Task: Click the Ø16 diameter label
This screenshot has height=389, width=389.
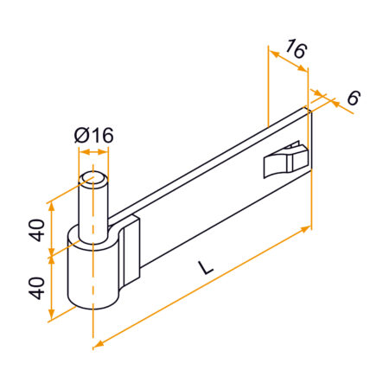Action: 94,136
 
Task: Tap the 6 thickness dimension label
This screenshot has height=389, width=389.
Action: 352,99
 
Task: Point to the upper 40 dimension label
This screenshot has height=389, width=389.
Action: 37,231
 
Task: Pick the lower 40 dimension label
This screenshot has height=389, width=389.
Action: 37,286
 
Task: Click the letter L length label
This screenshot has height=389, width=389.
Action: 205,268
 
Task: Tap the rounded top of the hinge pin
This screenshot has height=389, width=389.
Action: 93,179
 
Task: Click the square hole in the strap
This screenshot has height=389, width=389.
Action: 285,162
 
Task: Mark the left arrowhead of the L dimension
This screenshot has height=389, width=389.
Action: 98,343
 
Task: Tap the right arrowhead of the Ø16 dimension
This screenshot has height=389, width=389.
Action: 106,151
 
